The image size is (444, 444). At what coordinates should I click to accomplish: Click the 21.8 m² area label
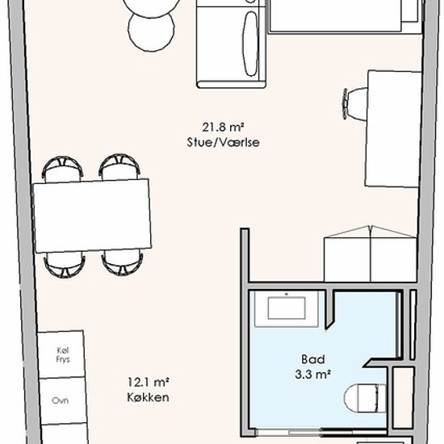pyautogui.click(x=223, y=128)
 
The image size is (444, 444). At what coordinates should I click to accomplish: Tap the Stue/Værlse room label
pyautogui.click(x=223, y=142)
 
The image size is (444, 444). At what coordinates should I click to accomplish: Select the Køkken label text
pyautogui.click(x=148, y=397)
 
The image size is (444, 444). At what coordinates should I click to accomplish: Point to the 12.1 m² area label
pyautogui.click(x=148, y=383)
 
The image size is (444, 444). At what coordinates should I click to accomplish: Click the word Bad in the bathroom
pyautogui.click(x=312, y=359)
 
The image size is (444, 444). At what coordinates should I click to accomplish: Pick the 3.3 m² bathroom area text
pyautogui.click(x=312, y=375)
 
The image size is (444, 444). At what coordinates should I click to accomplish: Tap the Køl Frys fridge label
pyautogui.click(x=63, y=355)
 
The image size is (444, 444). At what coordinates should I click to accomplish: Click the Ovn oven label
pyautogui.click(x=60, y=400)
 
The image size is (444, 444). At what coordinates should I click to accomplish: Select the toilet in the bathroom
pyautogui.click(x=365, y=398)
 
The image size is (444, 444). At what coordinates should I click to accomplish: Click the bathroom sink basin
pyautogui.click(x=287, y=308)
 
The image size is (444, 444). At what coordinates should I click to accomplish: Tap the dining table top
pyautogui.click(x=92, y=216)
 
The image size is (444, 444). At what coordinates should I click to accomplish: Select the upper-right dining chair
pyautogui.click(x=119, y=166)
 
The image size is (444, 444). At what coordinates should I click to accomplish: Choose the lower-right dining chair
pyautogui.click(x=123, y=262)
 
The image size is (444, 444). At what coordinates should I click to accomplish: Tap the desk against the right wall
pyautogui.click(x=393, y=129)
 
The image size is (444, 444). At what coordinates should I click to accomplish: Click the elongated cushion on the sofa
pyautogui.click(x=251, y=44)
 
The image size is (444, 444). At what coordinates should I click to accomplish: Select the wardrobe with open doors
pyautogui.click(x=371, y=253)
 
